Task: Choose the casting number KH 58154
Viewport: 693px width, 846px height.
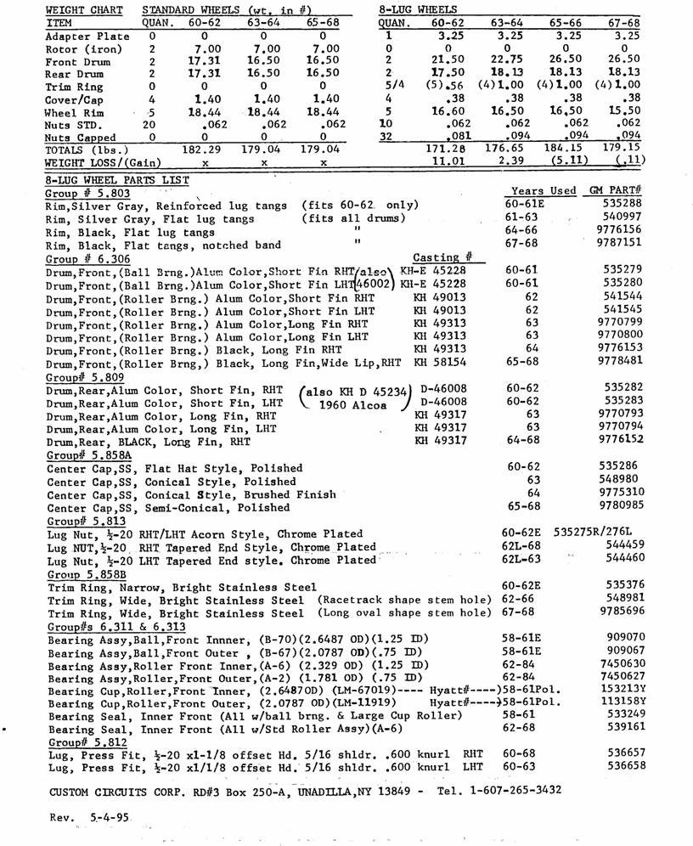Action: coord(442,362)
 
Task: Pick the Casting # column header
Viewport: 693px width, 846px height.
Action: coord(442,257)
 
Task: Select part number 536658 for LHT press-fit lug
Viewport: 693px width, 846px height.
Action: coord(627,764)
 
